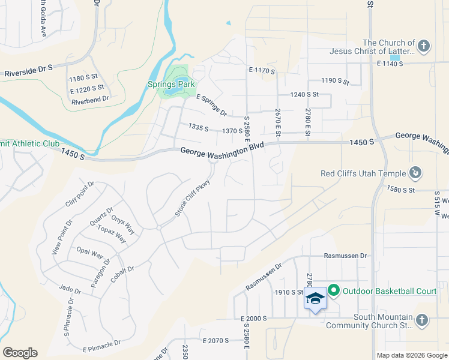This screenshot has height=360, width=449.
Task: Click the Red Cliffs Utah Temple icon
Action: (x=415, y=173)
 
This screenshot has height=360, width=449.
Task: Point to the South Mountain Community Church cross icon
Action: (x=422, y=321)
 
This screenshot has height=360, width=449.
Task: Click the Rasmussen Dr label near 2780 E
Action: (x=346, y=256)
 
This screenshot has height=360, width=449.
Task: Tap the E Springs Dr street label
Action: (x=211, y=106)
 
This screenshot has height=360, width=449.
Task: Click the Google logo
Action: (x=20, y=353)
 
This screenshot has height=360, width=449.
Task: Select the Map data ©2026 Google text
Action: (x=411, y=355)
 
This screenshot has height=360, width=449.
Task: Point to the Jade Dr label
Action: (x=70, y=289)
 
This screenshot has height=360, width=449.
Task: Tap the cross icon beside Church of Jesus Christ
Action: (x=424, y=46)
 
